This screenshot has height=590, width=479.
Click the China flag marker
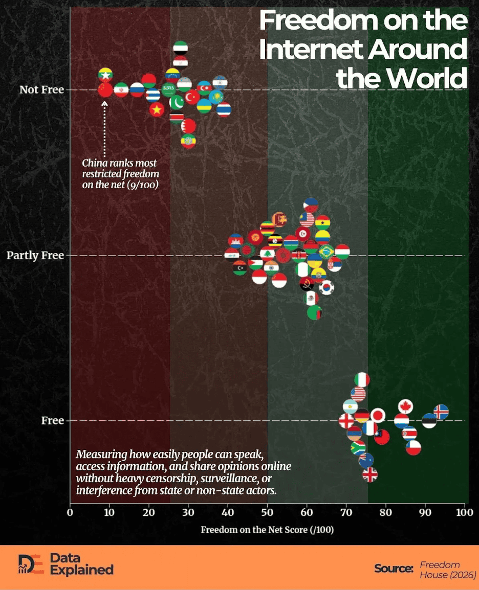105,90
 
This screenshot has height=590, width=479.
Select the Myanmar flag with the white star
105,75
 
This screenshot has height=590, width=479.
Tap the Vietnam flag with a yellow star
157,109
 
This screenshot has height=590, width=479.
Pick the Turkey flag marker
192,96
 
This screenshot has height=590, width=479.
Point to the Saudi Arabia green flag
169,90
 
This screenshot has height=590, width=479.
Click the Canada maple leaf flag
405,406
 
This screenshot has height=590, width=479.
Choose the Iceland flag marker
441,412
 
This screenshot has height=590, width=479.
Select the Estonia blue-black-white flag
429,421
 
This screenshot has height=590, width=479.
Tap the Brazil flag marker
326,252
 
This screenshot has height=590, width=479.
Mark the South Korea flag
326,288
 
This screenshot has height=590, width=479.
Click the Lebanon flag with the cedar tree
267,253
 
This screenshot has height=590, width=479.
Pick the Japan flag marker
378,415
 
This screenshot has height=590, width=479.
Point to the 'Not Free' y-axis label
41,90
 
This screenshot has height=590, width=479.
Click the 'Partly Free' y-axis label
35,255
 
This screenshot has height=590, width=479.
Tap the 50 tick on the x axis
267,512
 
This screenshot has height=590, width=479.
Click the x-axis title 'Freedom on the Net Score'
267,530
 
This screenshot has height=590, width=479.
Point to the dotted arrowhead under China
105,103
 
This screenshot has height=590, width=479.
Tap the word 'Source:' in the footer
393,569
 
